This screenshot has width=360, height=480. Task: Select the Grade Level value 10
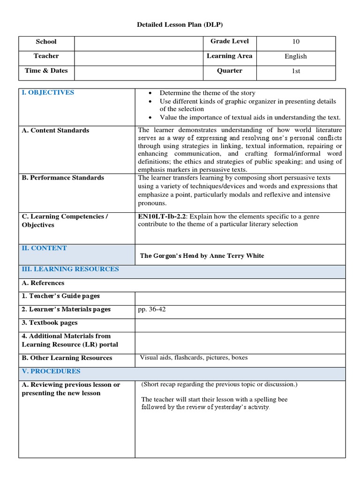coord(295,42)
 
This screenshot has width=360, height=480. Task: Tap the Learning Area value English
coord(295,56)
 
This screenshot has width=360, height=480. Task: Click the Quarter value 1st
coord(295,71)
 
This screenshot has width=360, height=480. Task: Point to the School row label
coord(46,42)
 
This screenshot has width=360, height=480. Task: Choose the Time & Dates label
coord(46,71)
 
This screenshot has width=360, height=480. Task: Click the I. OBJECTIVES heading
coord(48,92)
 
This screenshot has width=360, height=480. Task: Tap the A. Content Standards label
coord(55,130)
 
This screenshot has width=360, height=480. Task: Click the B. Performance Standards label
coord(63,178)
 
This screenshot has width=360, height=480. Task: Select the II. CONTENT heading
coord(44,248)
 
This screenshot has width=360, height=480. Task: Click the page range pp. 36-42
coord(150,309)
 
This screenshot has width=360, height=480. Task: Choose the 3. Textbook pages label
coord(50,322)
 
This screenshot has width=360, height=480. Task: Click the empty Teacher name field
coord(138,56)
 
